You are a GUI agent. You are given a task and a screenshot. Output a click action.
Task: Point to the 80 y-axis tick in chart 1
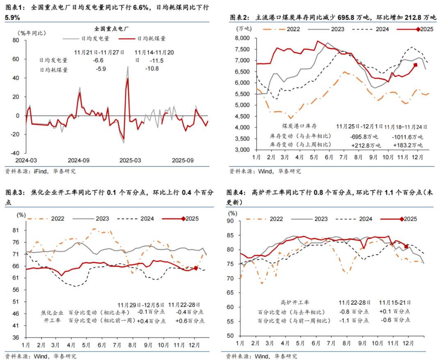pos(16,40)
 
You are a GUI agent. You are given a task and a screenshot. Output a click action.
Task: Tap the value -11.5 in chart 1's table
pos(146,61)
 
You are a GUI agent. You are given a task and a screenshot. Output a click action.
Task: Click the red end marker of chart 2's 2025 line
pos(416,65)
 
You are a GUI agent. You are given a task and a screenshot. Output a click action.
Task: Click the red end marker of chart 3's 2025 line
pos(196,268)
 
